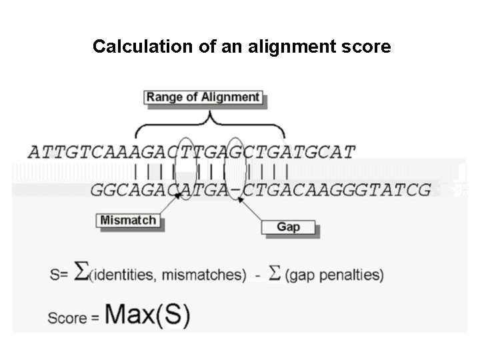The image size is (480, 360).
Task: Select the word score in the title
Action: click(x=366, y=47)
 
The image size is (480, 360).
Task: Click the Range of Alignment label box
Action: click(x=203, y=97)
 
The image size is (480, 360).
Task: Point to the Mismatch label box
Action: click(x=128, y=220)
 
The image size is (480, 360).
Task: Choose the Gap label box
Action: click(x=288, y=227)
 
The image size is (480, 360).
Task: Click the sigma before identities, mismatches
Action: click(x=80, y=271)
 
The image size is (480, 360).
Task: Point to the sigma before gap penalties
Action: click(x=274, y=272)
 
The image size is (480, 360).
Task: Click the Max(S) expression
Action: click(x=147, y=314)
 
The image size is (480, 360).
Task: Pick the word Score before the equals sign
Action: click(x=67, y=317)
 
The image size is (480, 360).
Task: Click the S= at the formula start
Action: click(x=59, y=274)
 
